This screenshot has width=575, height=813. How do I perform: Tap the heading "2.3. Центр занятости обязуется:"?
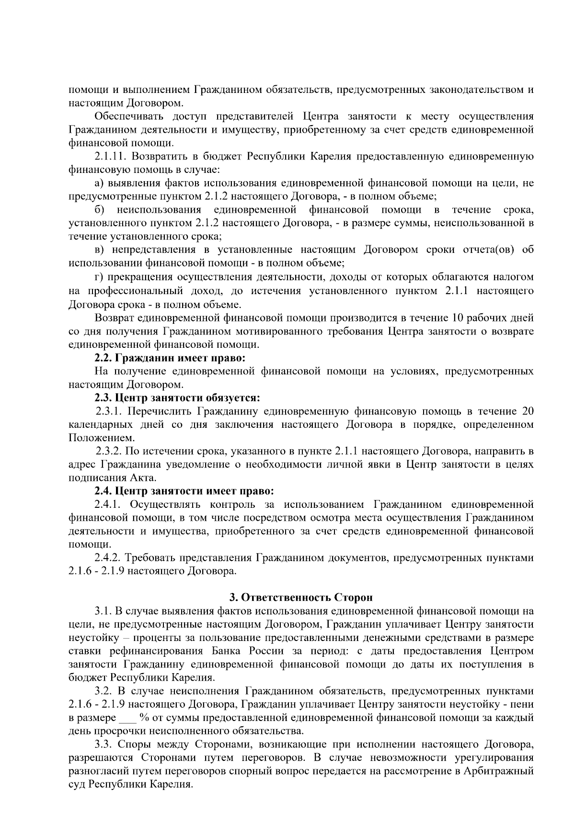[x=177, y=398]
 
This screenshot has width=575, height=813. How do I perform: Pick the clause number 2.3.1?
[x=110, y=411]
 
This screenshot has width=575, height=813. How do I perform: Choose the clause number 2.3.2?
[x=110, y=451]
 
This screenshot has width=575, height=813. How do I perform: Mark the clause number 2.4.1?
[x=110, y=504]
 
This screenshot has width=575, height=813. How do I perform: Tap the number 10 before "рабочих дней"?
[x=457, y=318]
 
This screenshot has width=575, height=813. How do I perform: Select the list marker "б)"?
[x=100, y=209]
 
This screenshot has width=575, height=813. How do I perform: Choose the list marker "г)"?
[x=99, y=277]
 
